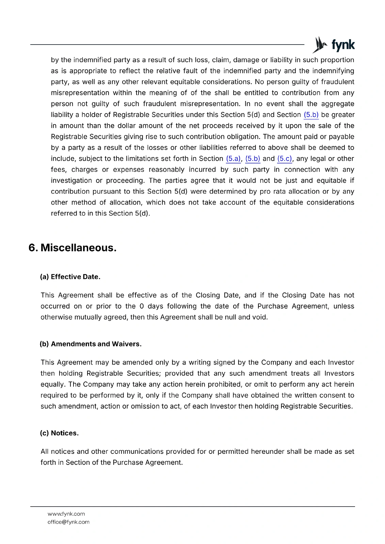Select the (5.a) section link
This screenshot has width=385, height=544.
point(233,159)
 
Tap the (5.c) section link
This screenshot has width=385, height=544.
point(285,159)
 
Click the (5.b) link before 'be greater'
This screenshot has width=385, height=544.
point(311,115)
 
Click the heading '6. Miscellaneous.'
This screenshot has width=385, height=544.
point(73,248)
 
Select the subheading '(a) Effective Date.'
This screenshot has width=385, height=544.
point(70,277)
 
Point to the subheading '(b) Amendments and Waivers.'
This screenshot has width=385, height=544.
point(91,344)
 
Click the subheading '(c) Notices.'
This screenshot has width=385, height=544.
point(59,433)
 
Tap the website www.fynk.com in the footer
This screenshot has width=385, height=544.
point(66,514)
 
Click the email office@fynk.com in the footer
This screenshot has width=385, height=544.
point(68,522)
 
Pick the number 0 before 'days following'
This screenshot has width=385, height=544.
point(142,306)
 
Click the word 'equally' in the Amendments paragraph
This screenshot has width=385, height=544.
point(52,385)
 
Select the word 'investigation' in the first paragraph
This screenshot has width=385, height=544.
point(71,181)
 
